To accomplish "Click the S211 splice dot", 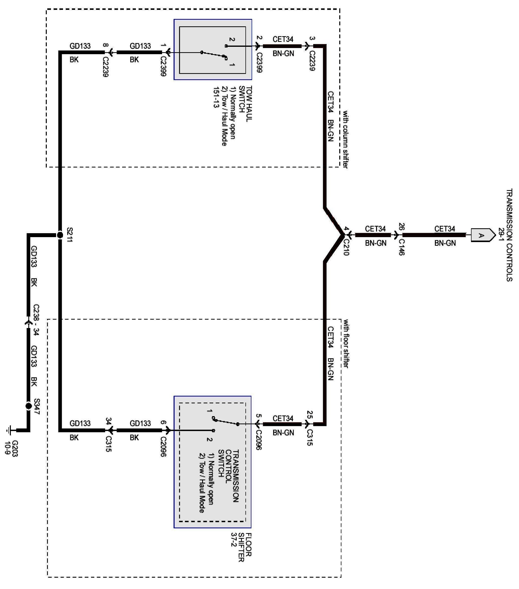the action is pos(60,235).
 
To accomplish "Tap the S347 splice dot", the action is pos(29,406).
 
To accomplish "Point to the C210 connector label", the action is pos(346,247).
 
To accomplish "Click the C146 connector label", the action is pos(401,247).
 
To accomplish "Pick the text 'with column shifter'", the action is pos(345,139).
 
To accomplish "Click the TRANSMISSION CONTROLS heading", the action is pos(509,235).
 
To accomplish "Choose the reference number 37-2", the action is pos(234,540).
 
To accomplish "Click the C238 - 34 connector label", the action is pos(36,320).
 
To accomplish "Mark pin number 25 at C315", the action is pos(309,415).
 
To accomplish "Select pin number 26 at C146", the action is pos(401,227).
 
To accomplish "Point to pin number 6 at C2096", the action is pos(163,423).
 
